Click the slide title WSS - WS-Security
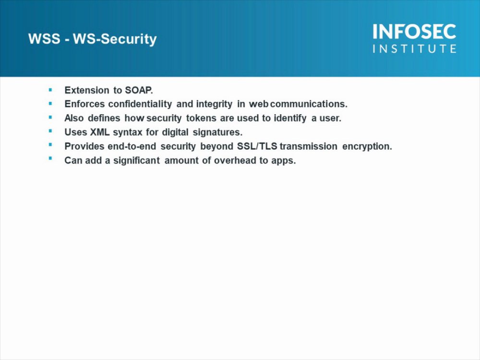click(x=93, y=39)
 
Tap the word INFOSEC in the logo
click(x=415, y=32)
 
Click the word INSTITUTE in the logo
click(x=415, y=48)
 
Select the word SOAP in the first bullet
click(x=139, y=90)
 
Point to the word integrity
click(x=214, y=105)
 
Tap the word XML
click(x=100, y=132)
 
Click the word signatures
click(x=217, y=132)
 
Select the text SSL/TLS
click(x=257, y=146)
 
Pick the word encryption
click(x=367, y=147)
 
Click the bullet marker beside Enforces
click(x=50, y=104)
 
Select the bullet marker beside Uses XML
click(x=50, y=131)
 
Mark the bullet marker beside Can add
click(x=50, y=158)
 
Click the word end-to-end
click(x=132, y=146)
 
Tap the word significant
click(x=136, y=161)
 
